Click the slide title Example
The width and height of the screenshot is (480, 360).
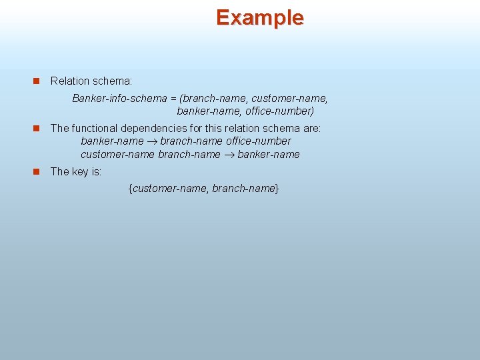pos(259,17)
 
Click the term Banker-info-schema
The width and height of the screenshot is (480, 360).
pos(119,99)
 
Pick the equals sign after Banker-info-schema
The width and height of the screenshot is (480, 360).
pos(173,99)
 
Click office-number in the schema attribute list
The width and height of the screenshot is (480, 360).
pos(279,111)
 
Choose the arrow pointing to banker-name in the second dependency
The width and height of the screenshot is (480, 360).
pos(229,155)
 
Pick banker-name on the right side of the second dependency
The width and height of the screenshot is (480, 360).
pos(269,154)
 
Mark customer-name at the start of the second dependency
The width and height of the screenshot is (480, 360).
pos(117,154)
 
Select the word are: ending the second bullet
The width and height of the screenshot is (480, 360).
pos(311,127)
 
